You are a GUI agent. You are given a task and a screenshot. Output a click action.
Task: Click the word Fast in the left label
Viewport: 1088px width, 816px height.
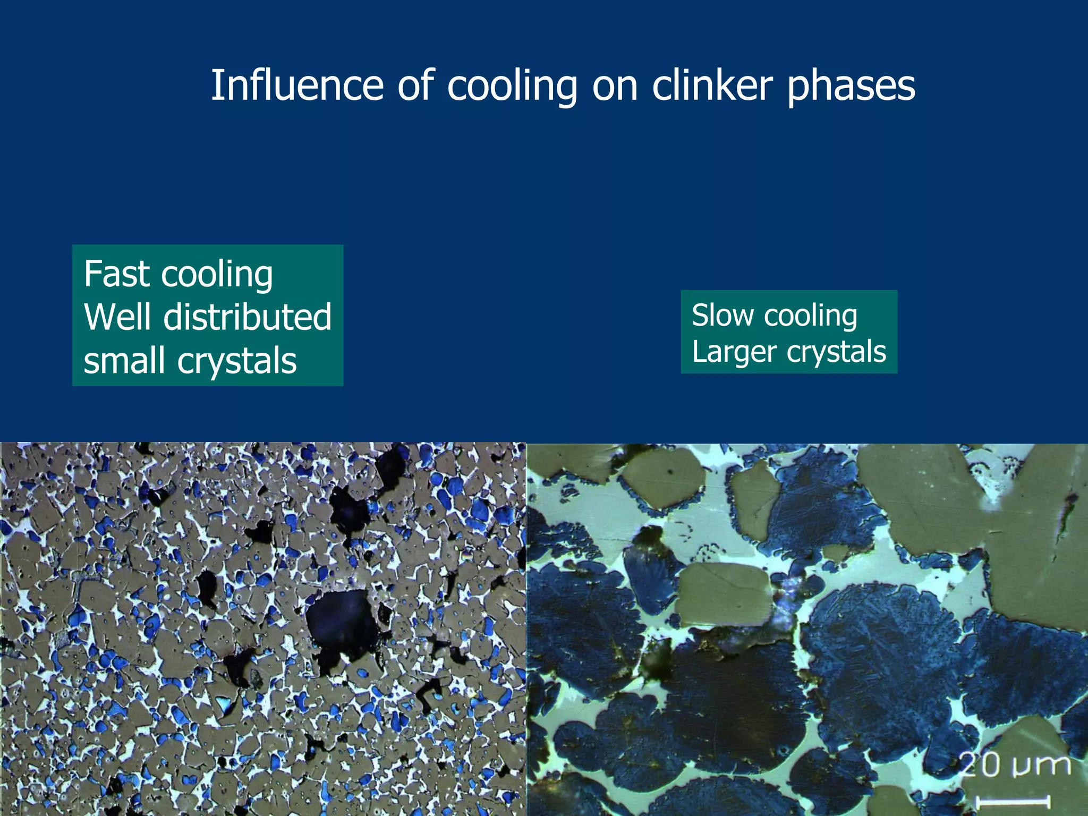(x=117, y=274)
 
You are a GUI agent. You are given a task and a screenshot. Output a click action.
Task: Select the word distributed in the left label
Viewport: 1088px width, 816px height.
(x=248, y=317)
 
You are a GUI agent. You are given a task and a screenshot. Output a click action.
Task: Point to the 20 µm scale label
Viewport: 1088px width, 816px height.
(x=1015, y=765)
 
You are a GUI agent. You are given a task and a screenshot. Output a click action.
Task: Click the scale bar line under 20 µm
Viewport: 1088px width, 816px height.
(x=1013, y=801)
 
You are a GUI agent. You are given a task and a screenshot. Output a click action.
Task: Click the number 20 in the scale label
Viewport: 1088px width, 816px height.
(x=980, y=765)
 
